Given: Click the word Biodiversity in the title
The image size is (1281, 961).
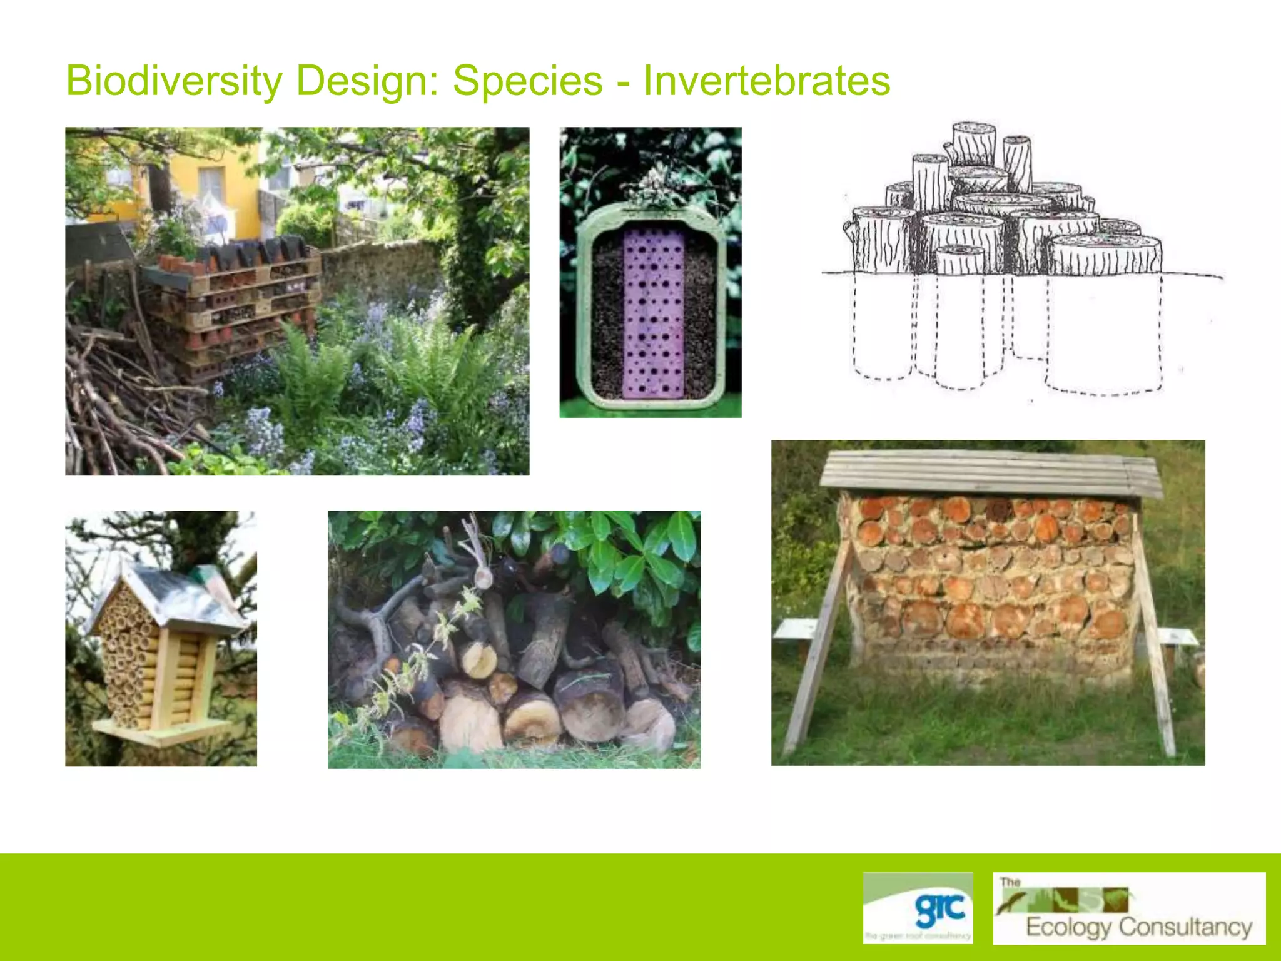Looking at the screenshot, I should point(174,81).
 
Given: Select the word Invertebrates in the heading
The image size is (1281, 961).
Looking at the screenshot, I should point(766,81).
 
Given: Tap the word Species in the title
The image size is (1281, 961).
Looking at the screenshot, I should point(527,81).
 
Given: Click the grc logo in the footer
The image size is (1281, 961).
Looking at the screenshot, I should point(918,907).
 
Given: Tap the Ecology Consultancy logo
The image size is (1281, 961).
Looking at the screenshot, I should point(1129,908).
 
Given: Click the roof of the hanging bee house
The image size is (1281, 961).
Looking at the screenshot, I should point(181,594).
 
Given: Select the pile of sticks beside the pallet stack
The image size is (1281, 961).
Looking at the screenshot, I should point(113,400).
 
